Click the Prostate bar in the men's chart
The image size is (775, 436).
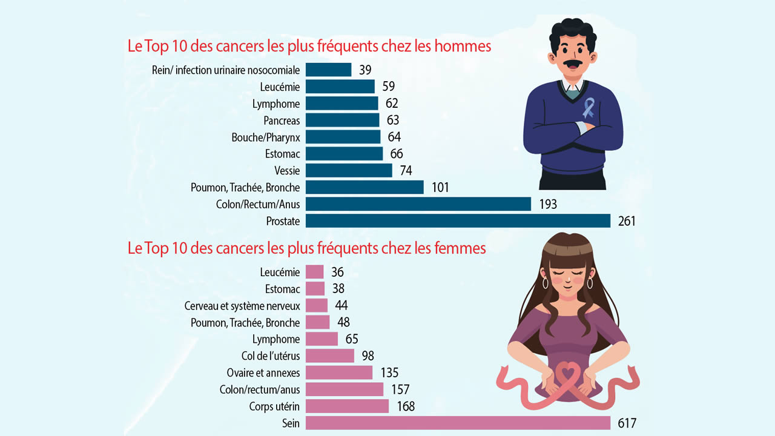(458, 221)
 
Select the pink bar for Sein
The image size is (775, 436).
(458, 423)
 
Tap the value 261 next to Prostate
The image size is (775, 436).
(627, 222)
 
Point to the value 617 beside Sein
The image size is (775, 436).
(627, 423)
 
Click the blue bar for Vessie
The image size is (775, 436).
(349, 171)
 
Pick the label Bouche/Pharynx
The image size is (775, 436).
(266, 137)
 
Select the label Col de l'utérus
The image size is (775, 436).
(271, 355)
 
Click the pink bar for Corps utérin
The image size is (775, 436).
(347, 406)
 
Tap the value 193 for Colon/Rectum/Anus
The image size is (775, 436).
(548, 205)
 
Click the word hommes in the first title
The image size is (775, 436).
(464, 47)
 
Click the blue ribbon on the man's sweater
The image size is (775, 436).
(588, 107)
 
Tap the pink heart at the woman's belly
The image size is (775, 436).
(567, 373)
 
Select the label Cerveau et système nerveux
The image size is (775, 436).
(242, 306)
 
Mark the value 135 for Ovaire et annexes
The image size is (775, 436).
(389, 372)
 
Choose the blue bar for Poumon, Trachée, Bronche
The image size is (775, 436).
(364, 188)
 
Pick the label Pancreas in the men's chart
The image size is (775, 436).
(282, 121)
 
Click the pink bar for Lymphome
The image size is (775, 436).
(322, 339)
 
